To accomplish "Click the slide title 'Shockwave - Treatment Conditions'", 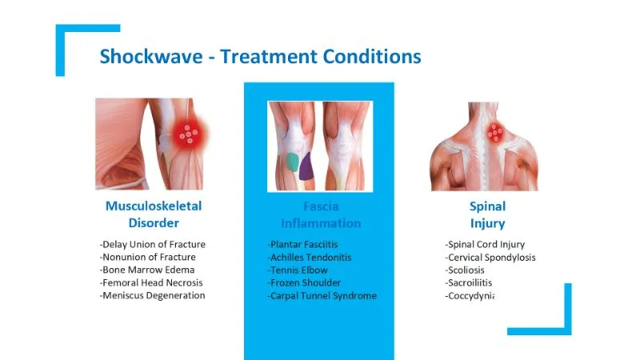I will [x=260, y=57].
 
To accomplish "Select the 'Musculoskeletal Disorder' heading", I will [x=154, y=214].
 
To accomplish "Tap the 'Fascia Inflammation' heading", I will [x=320, y=214].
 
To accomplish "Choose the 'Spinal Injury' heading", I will [x=487, y=214].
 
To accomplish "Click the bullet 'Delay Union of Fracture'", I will [x=153, y=245].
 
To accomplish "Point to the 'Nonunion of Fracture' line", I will [x=148, y=258].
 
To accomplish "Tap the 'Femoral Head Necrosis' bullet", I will [x=151, y=283].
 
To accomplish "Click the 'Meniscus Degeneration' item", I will [x=153, y=296].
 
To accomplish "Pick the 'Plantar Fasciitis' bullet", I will [x=303, y=245].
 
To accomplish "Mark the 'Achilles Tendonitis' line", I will [x=310, y=258].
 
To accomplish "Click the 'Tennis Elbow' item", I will [x=298, y=270].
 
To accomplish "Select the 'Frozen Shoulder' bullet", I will [x=304, y=283].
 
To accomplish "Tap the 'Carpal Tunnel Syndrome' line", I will [x=322, y=296].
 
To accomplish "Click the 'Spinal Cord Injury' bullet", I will [x=485, y=245].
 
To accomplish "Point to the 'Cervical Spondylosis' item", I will [x=490, y=258].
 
